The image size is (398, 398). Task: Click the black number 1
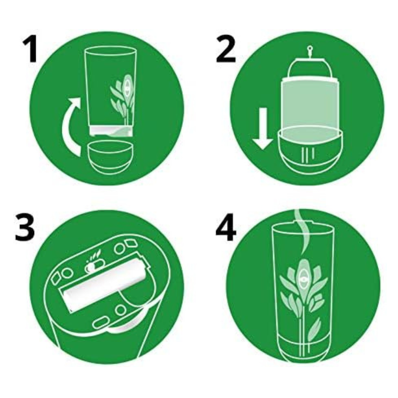pos(30,49)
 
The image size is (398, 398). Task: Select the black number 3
pos(25,227)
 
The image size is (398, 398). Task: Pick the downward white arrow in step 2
pos(263,129)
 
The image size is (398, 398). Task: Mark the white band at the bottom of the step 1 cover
pos(111,130)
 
